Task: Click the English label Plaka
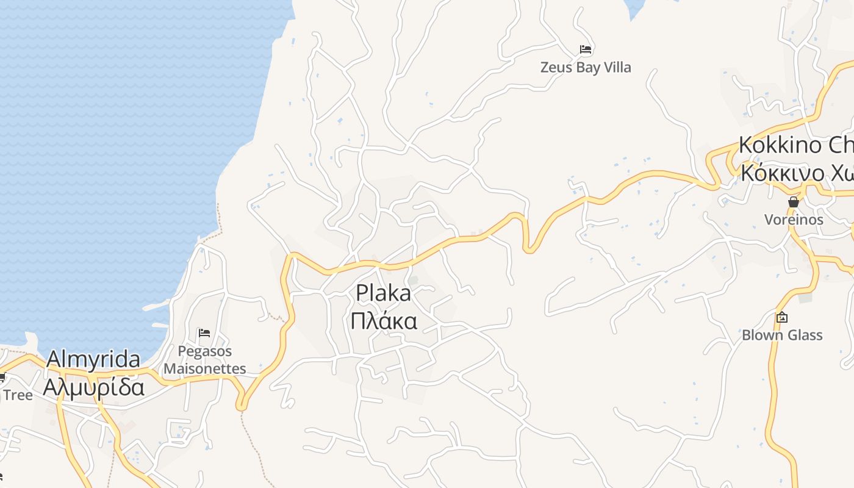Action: point(383,293)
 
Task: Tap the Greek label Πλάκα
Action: point(383,320)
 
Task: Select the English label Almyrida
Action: point(93,359)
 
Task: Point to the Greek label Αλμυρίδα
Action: point(93,387)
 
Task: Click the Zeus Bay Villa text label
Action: point(586,67)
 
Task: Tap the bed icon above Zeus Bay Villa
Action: point(586,49)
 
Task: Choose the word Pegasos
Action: point(205,351)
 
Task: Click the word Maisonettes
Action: point(205,368)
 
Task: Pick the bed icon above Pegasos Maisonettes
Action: point(204,333)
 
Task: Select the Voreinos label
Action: point(794,220)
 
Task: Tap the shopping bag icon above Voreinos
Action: point(794,202)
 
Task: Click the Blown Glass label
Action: point(782,335)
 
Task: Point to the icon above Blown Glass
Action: point(782,317)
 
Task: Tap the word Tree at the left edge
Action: point(18,395)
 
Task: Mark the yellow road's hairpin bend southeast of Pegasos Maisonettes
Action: point(242,404)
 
